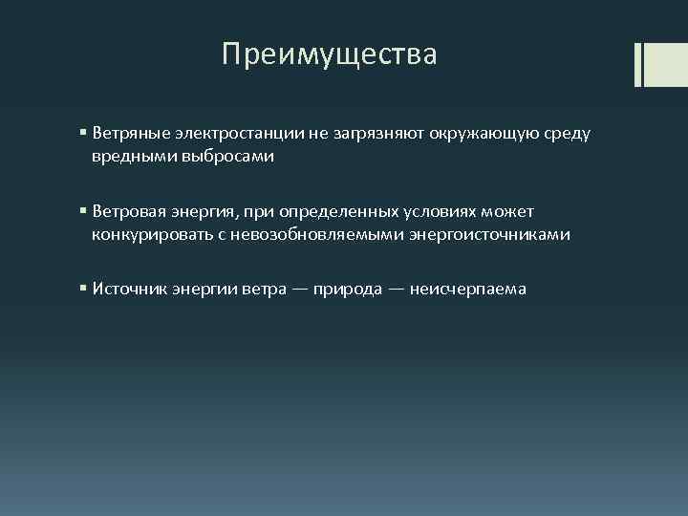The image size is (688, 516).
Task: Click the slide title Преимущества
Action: pos(329,54)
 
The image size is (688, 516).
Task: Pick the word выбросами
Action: pos(233,157)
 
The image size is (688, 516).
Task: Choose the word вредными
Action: pos(140,157)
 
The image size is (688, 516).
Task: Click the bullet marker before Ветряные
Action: pos(84,134)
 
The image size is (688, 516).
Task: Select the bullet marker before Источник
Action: pos(84,288)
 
